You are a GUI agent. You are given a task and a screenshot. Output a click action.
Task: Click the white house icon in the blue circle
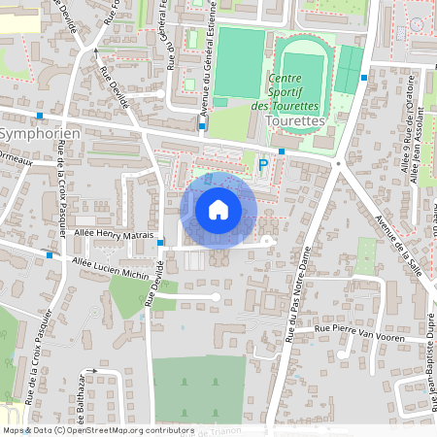tap(218, 209)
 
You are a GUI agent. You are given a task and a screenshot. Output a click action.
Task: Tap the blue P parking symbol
tap(262, 166)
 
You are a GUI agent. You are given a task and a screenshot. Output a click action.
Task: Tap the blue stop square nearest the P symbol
tap(281, 151)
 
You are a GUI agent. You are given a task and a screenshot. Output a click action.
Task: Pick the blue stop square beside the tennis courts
tap(364, 78)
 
